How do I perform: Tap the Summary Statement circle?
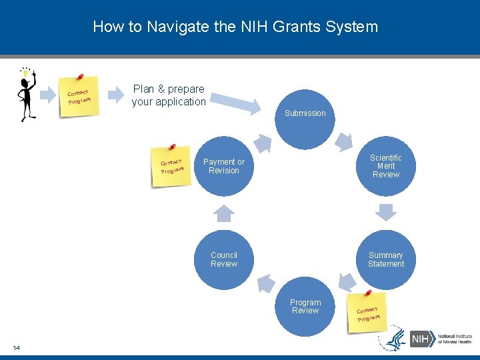386,259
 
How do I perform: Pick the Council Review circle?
224,259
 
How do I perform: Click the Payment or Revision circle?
224,167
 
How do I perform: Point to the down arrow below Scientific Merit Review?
386,211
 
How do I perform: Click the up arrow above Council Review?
224,213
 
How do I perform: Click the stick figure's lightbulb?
26,72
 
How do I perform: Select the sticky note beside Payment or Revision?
172,165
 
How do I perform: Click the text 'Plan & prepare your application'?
169,95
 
